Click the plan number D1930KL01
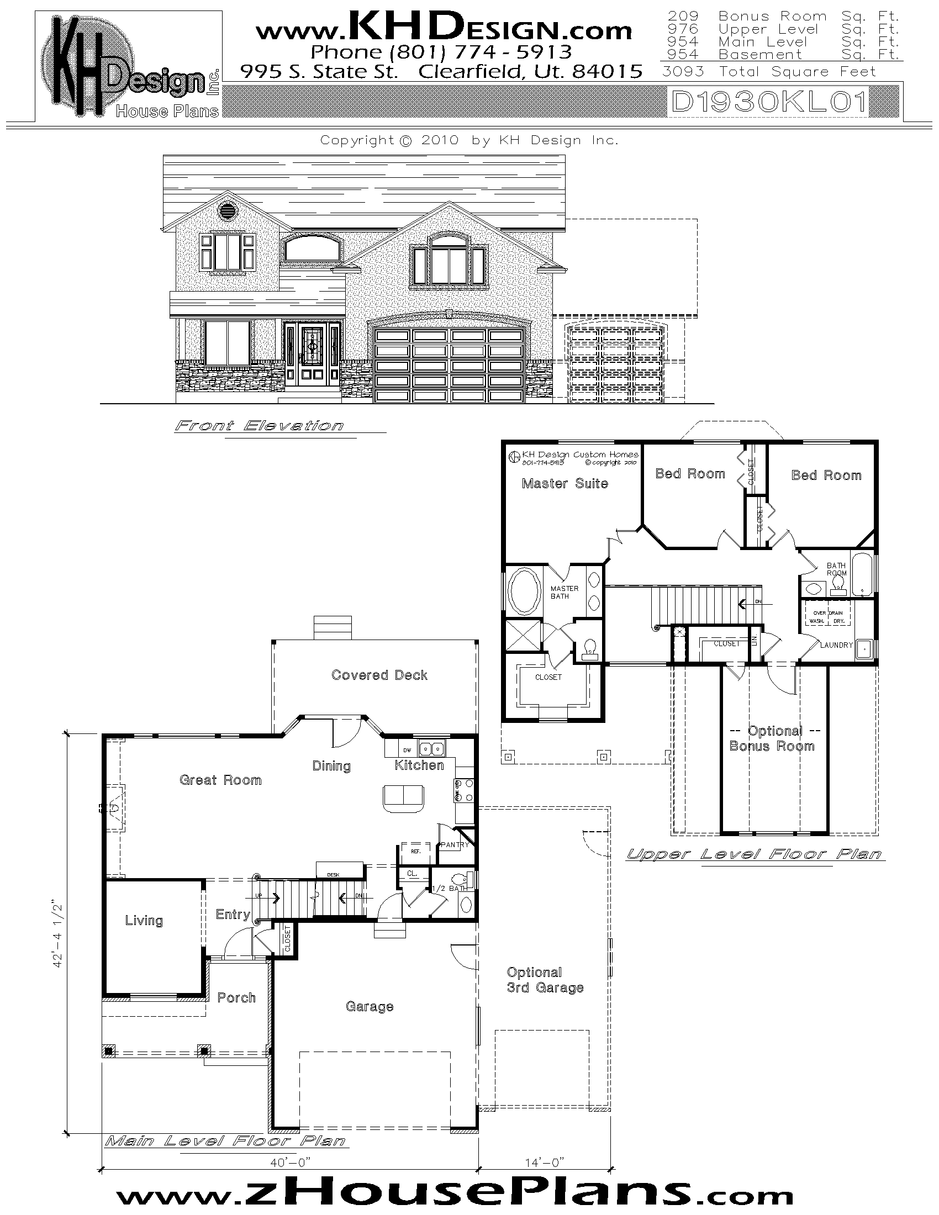pos(769,102)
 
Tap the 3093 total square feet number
pos(683,72)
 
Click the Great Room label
pos(220,780)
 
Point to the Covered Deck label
pos(379,675)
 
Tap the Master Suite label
pos(565,483)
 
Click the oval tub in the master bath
pos(524,591)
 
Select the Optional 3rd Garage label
pos(545,980)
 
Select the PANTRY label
pos(455,844)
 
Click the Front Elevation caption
pos(259,426)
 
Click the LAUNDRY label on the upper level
pos(836,645)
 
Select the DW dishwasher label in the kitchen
pos(407,750)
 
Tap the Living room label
pos(144,921)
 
